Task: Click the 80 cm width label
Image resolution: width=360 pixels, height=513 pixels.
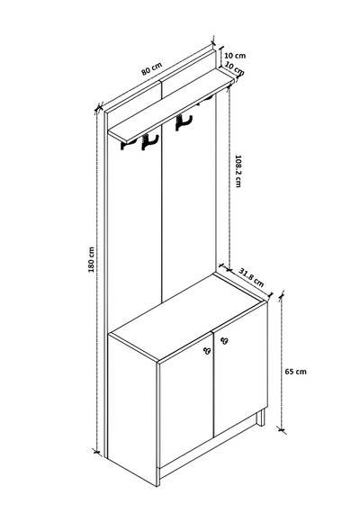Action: [151, 68]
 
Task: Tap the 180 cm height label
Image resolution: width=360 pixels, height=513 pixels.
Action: [91, 259]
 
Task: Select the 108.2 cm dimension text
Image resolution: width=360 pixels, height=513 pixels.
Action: [238, 171]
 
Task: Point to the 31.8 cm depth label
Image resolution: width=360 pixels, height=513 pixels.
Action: [251, 277]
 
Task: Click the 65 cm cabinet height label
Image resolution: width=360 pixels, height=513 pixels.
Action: [296, 372]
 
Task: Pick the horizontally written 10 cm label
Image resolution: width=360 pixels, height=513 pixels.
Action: [235, 55]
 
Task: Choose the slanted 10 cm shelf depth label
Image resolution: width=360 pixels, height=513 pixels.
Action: [235, 68]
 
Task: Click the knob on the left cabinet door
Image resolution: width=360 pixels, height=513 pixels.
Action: [206, 351]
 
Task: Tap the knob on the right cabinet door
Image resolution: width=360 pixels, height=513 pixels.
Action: [224, 340]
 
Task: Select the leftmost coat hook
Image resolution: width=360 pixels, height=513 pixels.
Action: [123, 145]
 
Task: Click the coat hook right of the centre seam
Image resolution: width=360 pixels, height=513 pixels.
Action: [183, 122]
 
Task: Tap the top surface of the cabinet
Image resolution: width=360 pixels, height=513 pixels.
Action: [188, 317]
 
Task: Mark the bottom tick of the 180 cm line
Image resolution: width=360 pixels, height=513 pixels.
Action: [96, 452]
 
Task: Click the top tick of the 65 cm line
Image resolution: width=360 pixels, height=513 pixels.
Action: [281, 295]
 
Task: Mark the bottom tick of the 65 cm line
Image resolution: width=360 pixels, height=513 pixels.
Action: [281, 428]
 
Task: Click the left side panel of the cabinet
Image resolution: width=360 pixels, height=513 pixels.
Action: [132, 409]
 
